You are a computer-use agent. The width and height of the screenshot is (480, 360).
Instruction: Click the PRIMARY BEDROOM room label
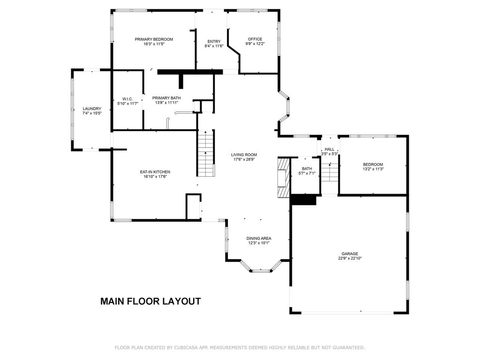click(154, 39)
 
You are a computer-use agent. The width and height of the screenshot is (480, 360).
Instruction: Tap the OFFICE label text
click(255, 39)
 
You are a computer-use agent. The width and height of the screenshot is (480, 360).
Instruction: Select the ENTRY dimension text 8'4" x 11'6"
click(214, 46)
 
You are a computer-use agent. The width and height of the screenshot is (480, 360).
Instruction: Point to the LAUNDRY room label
click(92, 109)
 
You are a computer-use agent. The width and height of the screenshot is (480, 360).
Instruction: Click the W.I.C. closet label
click(127, 99)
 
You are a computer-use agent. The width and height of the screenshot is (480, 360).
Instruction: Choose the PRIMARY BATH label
click(166, 98)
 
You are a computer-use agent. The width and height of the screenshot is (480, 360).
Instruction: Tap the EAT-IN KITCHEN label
click(155, 172)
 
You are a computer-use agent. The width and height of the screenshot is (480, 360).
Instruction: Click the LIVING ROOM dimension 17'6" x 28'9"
click(244, 159)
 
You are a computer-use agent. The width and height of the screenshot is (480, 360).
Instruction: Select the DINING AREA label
click(259, 238)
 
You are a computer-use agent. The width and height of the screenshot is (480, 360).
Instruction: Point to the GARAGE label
click(350, 254)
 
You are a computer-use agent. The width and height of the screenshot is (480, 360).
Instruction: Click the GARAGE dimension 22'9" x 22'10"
click(350, 258)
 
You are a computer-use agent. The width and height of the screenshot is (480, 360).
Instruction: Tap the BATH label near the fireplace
click(307, 169)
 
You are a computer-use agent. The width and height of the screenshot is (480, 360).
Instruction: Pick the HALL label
click(330, 149)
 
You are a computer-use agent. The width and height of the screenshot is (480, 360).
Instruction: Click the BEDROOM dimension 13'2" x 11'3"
click(373, 169)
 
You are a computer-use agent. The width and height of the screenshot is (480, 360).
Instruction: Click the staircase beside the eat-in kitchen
click(205, 153)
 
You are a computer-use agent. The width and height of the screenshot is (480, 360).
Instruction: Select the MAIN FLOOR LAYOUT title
click(150, 301)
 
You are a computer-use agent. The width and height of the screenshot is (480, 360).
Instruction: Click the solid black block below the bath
click(303, 200)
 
